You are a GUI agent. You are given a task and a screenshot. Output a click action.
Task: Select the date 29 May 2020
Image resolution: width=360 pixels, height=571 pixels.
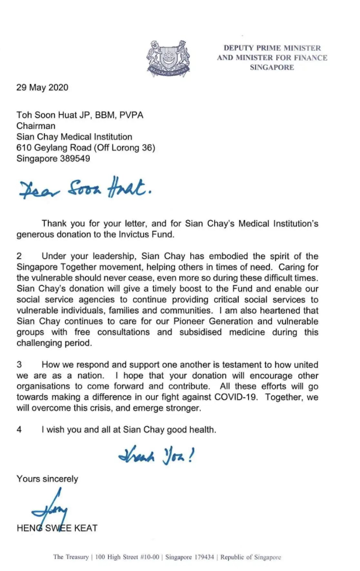tap(42, 88)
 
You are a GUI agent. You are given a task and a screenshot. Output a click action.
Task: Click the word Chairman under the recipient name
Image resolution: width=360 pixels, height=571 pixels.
tap(36, 126)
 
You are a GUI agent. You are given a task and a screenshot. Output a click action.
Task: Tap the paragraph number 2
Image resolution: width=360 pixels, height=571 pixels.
tap(19, 256)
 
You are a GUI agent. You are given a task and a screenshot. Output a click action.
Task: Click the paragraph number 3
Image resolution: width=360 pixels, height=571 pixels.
tap(19, 365)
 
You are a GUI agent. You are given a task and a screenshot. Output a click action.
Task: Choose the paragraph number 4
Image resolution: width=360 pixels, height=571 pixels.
tap(19, 430)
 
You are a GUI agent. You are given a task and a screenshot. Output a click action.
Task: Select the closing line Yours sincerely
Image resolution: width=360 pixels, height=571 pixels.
tap(47, 479)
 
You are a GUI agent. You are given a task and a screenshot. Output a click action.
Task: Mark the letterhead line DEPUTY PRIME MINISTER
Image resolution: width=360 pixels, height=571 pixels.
tap(272, 48)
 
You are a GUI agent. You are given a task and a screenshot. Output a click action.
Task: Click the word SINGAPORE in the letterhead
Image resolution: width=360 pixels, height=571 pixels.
tap(272, 67)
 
